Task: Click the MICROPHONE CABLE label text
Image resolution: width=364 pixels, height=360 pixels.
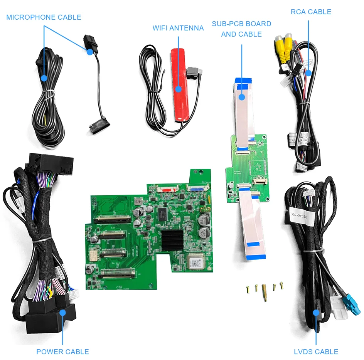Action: coord(44,17)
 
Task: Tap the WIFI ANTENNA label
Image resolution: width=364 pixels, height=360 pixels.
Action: coord(178,28)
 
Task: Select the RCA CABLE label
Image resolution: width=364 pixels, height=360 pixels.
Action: coord(311,12)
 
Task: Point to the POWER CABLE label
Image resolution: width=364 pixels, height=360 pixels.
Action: coord(62,352)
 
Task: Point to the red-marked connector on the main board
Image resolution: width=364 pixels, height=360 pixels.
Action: coord(164,189)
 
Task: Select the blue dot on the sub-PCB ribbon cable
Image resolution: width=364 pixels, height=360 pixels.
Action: coord(241,97)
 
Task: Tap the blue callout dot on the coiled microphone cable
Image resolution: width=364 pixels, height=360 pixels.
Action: coord(44,78)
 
